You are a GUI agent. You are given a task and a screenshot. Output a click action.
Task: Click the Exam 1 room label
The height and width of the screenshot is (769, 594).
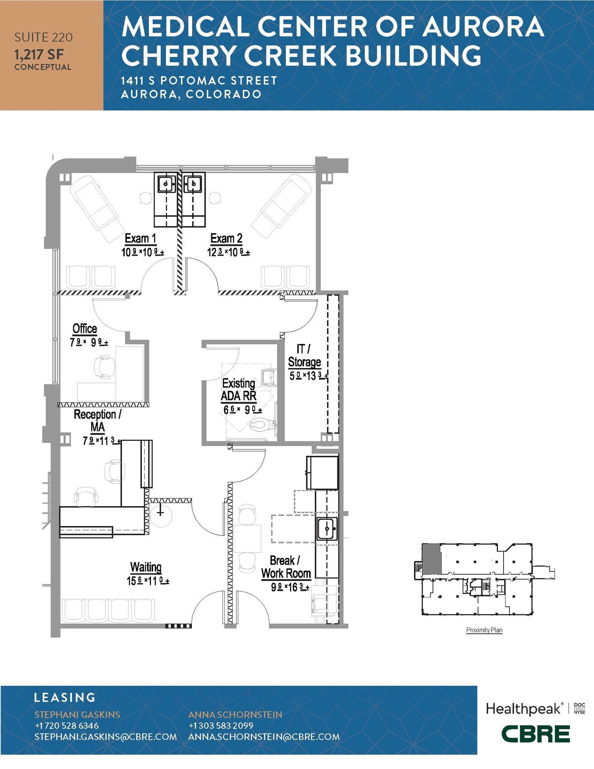pos(140,238)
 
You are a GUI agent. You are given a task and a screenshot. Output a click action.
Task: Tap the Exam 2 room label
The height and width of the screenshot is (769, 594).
pos(226,238)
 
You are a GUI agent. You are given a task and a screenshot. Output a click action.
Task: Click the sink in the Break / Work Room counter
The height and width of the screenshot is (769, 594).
pos(327,529)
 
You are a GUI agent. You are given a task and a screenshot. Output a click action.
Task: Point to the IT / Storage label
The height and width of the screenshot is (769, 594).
pos(304,356)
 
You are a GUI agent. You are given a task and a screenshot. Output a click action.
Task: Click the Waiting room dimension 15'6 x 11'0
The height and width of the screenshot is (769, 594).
pos(148,581)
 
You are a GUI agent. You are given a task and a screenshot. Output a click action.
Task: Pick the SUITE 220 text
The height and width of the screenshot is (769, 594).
pos(44,37)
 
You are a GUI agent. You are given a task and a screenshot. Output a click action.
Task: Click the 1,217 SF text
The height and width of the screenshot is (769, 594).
pos(39,55)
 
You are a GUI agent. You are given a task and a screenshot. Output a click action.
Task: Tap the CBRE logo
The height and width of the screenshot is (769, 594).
pos(536,734)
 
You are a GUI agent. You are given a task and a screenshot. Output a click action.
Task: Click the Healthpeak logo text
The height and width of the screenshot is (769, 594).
pos(523,709)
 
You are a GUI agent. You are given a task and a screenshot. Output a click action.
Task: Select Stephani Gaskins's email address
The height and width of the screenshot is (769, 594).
pos(105,737)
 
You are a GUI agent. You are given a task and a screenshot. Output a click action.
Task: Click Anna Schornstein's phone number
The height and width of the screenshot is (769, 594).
pos(221,725)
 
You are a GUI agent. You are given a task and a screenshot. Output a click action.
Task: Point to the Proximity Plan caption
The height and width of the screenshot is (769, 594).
pos(484,630)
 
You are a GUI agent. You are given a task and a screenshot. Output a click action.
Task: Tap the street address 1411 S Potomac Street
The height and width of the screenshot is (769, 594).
pos(199,80)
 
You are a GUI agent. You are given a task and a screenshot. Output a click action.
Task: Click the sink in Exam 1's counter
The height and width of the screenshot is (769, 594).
pos(166,184)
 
